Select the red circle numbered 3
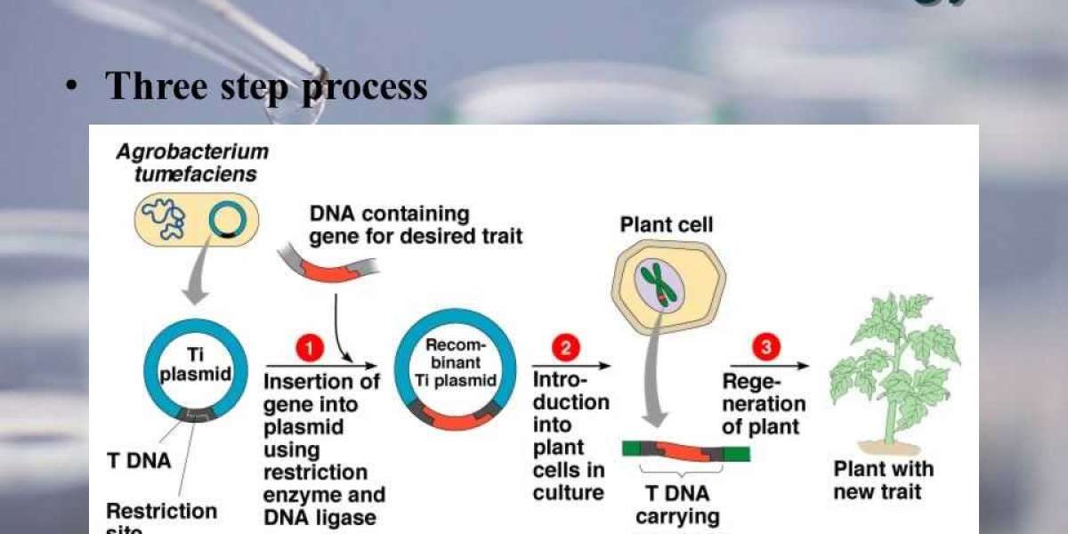[x=765, y=347]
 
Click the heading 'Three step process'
[x=266, y=85]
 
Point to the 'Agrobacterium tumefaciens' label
[x=192, y=163]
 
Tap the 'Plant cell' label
[x=666, y=225]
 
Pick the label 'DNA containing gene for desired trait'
[x=416, y=225]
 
